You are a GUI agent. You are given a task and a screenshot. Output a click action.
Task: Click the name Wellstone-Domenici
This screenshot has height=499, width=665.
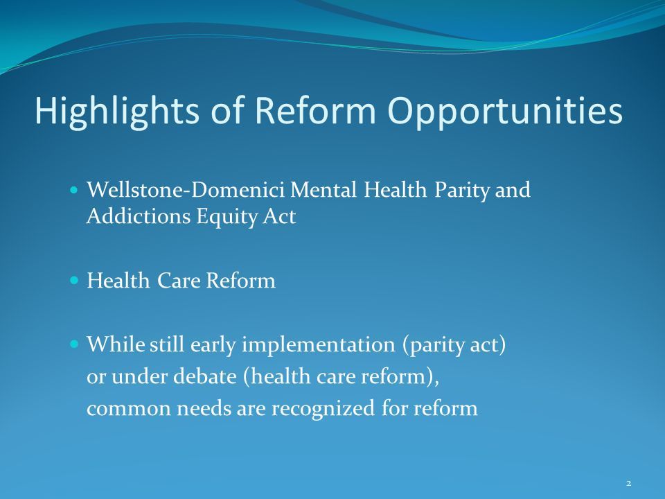pos(186,189)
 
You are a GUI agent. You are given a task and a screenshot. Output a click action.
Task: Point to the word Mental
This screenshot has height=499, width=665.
pos(323,189)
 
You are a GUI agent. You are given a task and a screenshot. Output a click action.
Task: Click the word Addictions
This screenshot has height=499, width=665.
pos(139,216)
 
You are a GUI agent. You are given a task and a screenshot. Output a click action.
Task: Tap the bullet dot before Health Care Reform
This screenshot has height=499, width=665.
pos(74,280)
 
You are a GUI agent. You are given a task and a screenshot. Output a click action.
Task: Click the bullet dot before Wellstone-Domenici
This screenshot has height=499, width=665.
pos(74,189)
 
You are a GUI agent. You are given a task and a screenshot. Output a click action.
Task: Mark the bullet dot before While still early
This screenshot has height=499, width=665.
pos(74,344)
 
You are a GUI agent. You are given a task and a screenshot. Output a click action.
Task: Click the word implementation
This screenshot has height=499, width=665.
pos(319,345)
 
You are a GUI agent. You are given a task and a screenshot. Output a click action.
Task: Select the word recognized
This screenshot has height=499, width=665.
pos(323,409)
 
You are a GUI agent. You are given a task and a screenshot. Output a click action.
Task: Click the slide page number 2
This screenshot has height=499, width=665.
pos(628,483)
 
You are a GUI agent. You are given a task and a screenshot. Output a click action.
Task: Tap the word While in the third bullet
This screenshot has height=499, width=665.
pos(116,344)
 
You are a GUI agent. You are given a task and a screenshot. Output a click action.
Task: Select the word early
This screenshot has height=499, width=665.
pos(213,345)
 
